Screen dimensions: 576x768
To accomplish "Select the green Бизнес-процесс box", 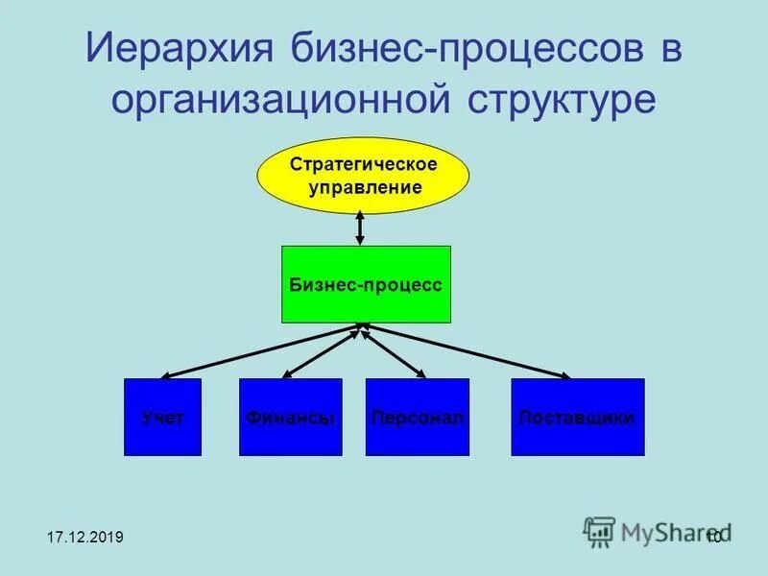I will click(365, 285).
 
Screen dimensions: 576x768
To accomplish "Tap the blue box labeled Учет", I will click(162, 418).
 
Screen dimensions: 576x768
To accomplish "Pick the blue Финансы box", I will click(290, 418).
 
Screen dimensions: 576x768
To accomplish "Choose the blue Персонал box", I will click(417, 418).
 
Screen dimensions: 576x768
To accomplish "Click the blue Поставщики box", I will click(577, 418).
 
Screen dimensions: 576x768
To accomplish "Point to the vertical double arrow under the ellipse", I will click(360, 228).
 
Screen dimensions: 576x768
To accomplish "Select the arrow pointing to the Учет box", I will click(259, 351).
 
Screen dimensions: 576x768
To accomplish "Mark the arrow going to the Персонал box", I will click(394, 351).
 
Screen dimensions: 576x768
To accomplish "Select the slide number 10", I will click(713, 537).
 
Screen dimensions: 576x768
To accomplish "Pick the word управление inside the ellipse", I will click(365, 187).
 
